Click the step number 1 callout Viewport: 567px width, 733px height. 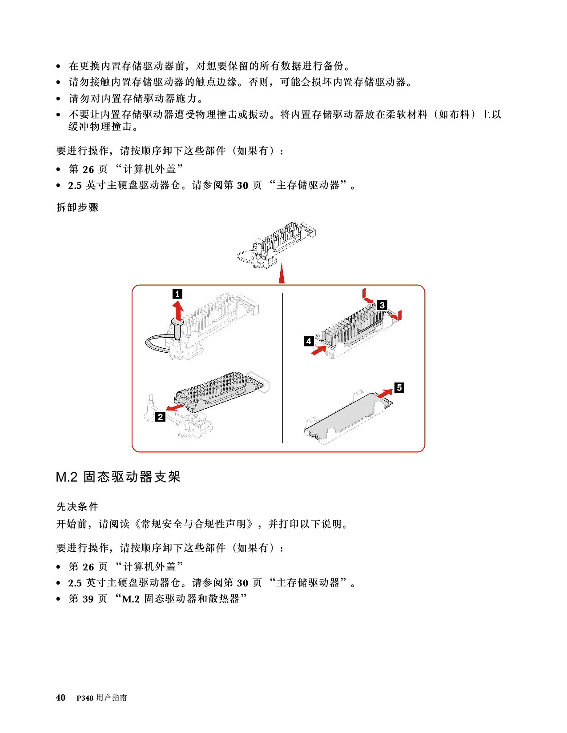coord(177,294)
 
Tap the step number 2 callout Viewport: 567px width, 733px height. coord(161,417)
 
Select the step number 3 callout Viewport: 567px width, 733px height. coord(382,305)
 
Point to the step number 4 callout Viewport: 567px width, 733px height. coord(309,341)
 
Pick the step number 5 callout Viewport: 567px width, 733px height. coord(399,387)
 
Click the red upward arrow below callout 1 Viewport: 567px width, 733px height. coord(177,311)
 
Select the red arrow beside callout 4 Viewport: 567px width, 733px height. coord(318,351)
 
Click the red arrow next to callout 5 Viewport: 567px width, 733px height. coord(385,394)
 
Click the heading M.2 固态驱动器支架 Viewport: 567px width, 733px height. coord(118,477)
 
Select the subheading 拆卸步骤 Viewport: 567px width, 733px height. coord(77,207)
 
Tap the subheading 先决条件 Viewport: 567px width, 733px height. coord(77,506)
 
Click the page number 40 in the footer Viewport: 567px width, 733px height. coord(61,697)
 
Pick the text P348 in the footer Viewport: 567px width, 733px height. coord(85,698)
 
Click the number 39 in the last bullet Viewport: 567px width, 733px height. coord(88,599)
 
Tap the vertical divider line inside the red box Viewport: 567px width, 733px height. coord(283,368)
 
